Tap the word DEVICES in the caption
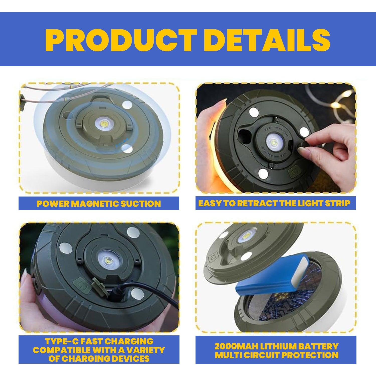coord(131,358)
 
